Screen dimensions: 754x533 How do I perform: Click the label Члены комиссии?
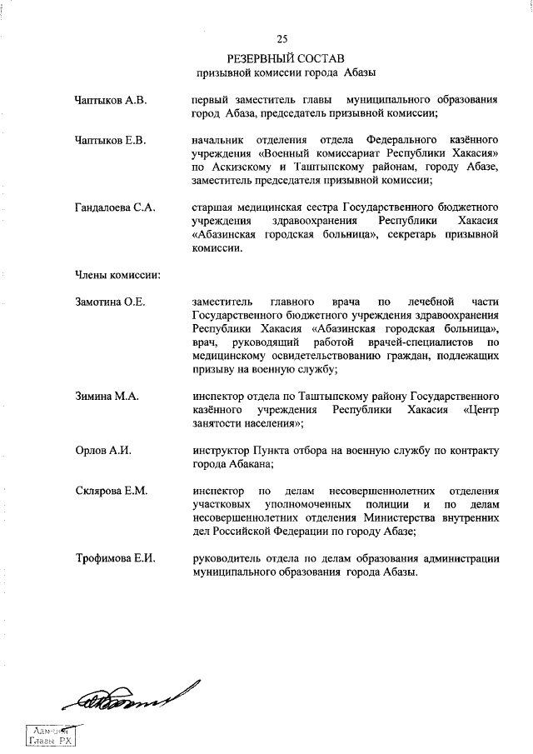click(117, 272)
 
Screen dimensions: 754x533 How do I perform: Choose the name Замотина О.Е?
click(111, 302)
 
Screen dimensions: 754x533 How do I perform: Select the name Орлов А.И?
click(103, 451)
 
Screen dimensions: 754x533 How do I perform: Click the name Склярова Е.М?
click(112, 491)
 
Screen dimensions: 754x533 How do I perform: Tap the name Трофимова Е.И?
click(116, 557)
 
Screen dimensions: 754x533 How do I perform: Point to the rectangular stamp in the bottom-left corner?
click(51, 735)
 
